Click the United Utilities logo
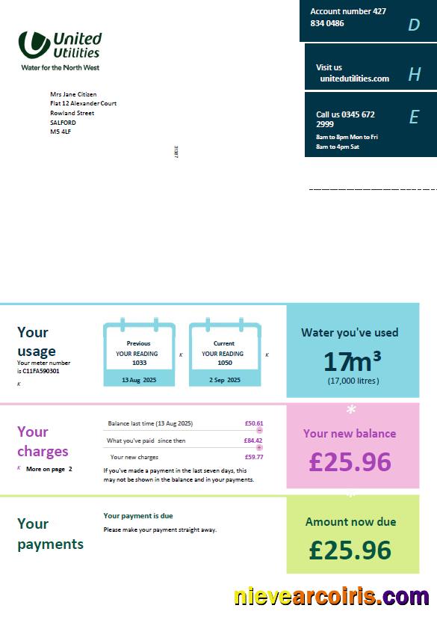(x=60, y=49)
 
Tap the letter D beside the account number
(x=414, y=25)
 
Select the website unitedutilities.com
(x=354, y=79)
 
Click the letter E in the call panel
(x=414, y=117)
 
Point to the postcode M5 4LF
(x=61, y=132)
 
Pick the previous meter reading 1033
(x=139, y=363)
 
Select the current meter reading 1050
(x=224, y=363)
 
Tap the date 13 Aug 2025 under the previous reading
(x=138, y=380)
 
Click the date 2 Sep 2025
(x=225, y=380)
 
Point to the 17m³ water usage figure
(x=353, y=361)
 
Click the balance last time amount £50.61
(x=253, y=423)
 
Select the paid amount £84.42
(x=253, y=441)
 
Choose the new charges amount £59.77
(x=253, y=457)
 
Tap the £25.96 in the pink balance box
(x=350, y=461)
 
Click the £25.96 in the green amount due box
(x=350, y=550)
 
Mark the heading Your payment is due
(x=138, y=516)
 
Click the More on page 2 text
(x=49, y=469)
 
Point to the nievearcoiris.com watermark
(x=331, y=597)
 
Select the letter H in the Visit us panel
(x=415, y=74)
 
